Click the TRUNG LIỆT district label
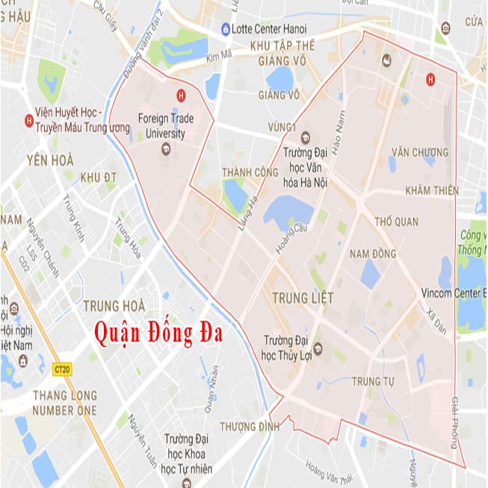click(303, 298)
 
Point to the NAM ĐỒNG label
click(373, 254)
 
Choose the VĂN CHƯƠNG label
click(419, 152)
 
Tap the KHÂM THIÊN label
click(431, 191)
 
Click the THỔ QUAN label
click(396, 222)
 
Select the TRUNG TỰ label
click(373, 383)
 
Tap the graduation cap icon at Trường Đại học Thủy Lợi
click(318, 348)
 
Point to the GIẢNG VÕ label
click(279, 95)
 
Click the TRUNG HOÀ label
click(113, 305)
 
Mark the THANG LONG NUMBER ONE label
click(64, 404)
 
